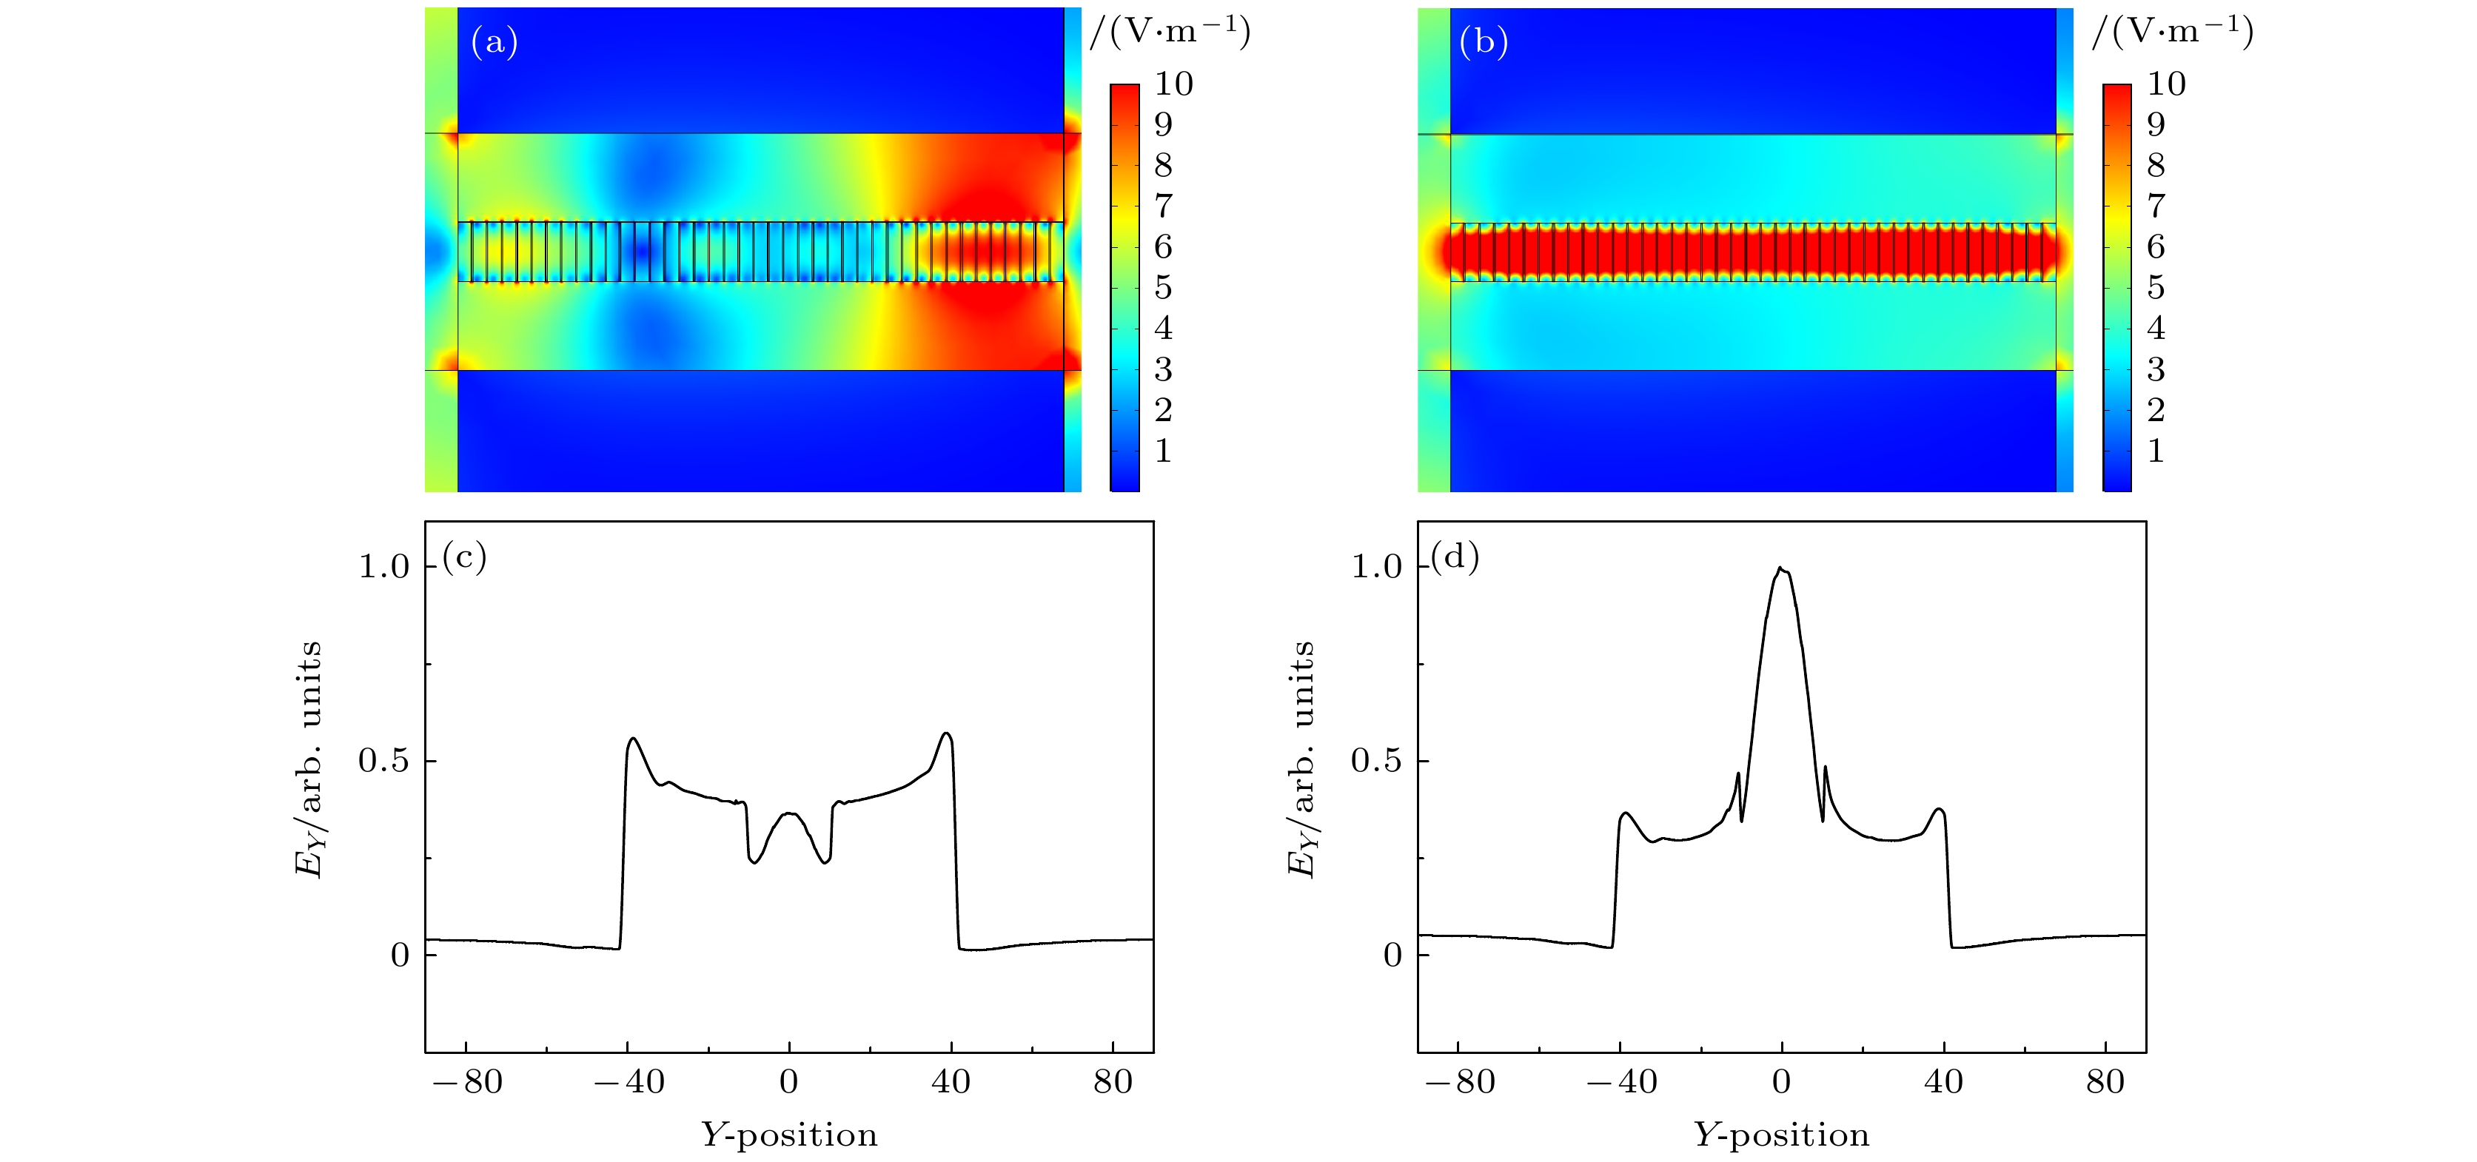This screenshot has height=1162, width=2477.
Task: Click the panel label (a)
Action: [495, 42]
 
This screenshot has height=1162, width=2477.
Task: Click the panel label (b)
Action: [1483, 42]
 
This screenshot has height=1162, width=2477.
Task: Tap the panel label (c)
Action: [464, 557]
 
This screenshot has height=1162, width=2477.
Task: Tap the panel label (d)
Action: [1455, 557]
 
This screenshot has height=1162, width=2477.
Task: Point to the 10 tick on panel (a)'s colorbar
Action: [1174, 84]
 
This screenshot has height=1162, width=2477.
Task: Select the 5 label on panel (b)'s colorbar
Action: [2156, 287]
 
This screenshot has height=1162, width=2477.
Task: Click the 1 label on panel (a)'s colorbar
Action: [1164, 451]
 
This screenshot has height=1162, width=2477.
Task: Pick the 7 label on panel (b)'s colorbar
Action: [2156, 206]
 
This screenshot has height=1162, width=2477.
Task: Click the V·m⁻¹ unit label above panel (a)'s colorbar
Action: [1170, 33]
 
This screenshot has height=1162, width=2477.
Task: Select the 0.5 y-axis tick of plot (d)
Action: [1376, 761]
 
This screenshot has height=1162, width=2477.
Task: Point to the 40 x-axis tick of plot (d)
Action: [1943, 1082]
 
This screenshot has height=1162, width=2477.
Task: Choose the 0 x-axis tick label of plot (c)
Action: [788, 1082]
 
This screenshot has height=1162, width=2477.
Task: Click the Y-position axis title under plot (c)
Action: [788, 1135]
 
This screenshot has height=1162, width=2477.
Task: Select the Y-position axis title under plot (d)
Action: [1781, 1135]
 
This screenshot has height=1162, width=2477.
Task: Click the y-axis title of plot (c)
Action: [308, 759]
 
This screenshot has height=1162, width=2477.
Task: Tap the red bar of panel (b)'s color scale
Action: [2116, 106]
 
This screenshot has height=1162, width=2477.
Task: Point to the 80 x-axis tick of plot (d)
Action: [2105, 1082]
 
